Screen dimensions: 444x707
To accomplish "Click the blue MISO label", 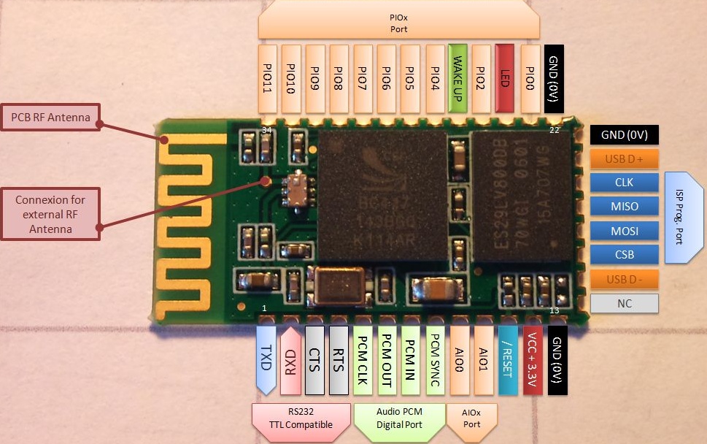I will [x=624, y=207].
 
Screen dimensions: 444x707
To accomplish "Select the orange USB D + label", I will [x=624, y=158].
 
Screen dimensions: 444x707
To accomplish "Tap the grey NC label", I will [x=624, y=303].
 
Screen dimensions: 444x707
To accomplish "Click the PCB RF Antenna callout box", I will [x=50, y=117].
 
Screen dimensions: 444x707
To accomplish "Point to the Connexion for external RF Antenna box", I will [x=50, y=214].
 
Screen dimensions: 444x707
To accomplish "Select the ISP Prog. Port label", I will [x=684, y=218].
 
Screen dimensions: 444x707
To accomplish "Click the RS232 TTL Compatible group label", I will [x=301, y=418].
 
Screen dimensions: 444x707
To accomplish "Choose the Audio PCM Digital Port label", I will [x=399, y=418].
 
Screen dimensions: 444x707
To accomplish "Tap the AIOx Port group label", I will [x=472, y=418].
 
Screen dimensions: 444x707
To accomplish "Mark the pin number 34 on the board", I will [x=267, y=130].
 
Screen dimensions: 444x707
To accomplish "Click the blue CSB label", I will [x=624, y=255].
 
